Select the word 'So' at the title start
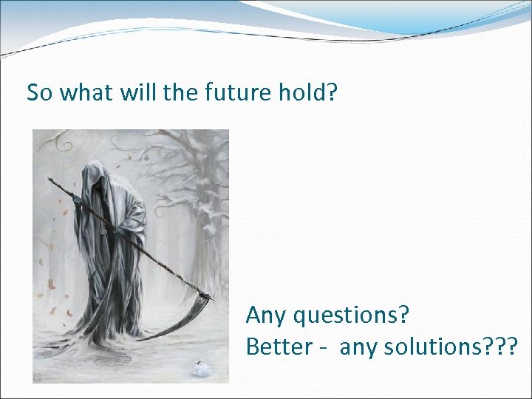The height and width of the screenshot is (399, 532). click(x=40, y=92)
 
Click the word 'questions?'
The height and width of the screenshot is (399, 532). click(x=352, y=316)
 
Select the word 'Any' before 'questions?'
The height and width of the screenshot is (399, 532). click(x=267, y=316)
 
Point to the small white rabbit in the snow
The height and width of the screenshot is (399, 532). click(x=198, y=366)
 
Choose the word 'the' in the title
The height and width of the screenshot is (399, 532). click(x=188, y=92)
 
